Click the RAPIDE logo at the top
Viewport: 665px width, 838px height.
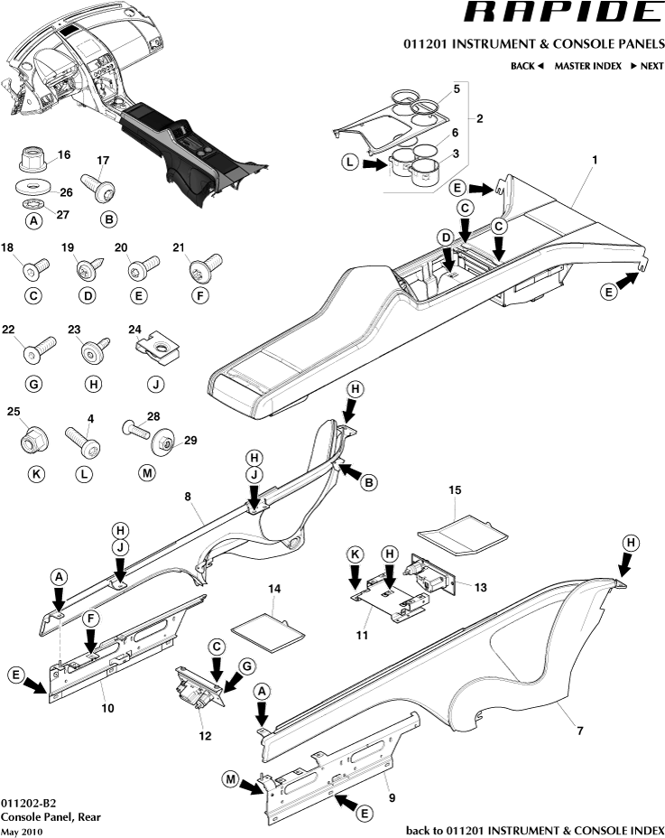pyautogui.click(x=561, y=14)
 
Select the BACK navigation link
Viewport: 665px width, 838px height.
pyautogui.click(x=527, y=66)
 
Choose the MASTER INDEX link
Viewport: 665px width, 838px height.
pyautogui.click(x=586, y=66)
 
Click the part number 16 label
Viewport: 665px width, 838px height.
pyautogui.click(x=64, y=155)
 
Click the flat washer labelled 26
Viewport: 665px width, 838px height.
pyautogui.click(x=34, y=190)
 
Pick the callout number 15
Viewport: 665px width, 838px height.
pyautogui.click(x=456, y=489)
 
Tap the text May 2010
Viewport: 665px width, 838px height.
pyautogui.click(x=22, y=831)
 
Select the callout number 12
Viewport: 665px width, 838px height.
pyautogui.click(x=205, y=735)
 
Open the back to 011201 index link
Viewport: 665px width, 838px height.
pyautogui.click(x=534, y=830)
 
